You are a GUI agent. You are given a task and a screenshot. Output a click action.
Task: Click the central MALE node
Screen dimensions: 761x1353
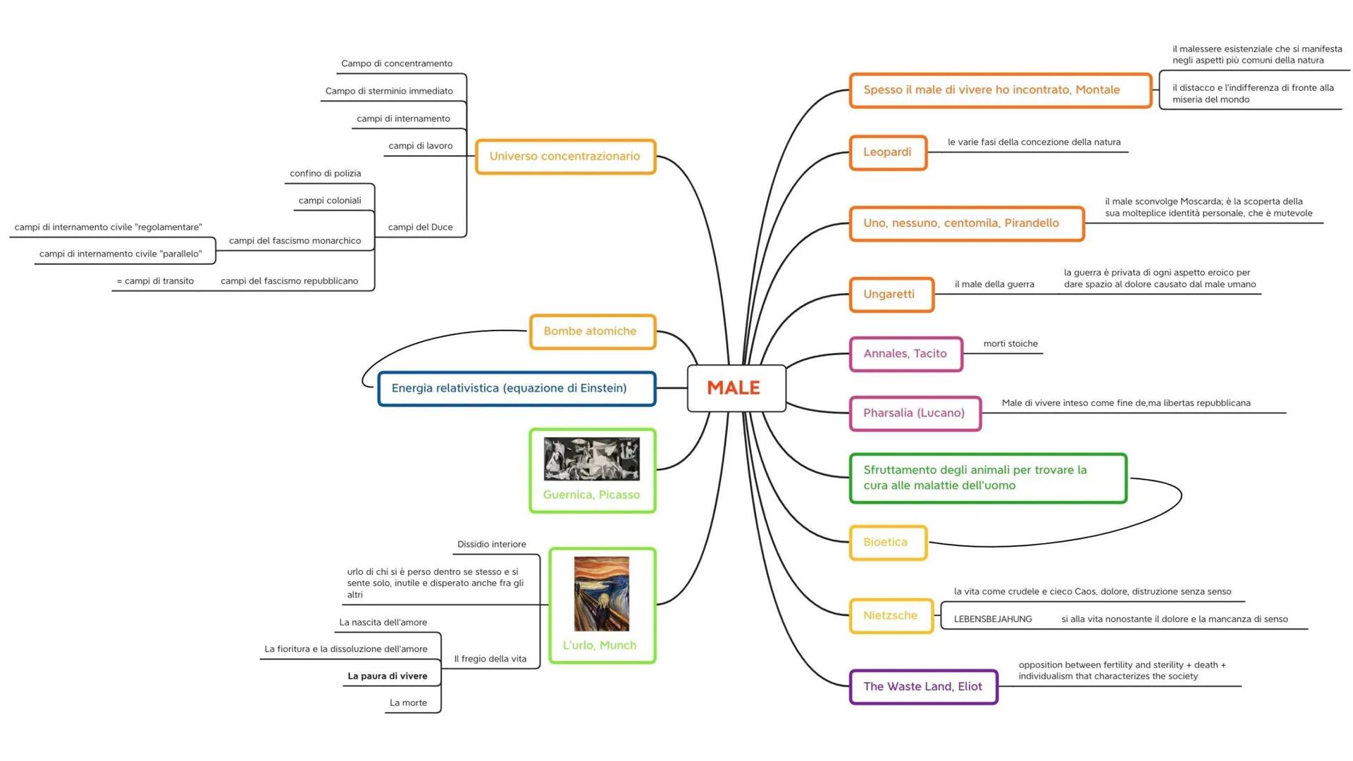point(736,388)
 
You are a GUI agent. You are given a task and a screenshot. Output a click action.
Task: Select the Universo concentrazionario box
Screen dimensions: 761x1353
point(565,156)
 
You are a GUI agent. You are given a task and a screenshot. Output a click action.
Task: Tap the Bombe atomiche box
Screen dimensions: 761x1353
point(592,331)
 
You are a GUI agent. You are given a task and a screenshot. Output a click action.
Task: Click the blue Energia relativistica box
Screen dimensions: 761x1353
point(517,388)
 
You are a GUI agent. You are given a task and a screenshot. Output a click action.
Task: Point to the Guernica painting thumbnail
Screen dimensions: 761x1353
point(592,459)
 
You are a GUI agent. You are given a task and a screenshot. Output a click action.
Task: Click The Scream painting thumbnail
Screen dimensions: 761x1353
point(601,593)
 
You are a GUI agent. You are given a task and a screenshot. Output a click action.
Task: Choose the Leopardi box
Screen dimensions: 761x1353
point(887,152)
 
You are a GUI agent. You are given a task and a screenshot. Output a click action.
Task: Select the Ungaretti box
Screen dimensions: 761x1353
point(891,295)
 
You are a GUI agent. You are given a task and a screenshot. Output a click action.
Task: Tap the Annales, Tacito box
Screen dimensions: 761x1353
point(906,354)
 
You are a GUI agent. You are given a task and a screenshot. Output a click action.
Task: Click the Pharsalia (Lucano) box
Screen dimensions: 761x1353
point(914,413)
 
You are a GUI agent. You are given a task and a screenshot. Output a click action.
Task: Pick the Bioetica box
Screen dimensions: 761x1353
point(886,543)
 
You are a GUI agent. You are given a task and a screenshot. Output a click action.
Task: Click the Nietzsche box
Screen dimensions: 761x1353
point(891,616)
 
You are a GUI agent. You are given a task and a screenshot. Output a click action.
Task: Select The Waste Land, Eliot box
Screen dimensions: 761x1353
point(923,687)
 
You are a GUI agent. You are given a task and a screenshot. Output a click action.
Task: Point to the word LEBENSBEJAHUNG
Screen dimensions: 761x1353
point(993,619)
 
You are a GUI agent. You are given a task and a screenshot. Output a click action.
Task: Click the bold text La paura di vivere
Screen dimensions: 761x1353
point(387,676)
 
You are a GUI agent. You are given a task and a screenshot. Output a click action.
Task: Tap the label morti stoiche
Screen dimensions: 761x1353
point(1011,344)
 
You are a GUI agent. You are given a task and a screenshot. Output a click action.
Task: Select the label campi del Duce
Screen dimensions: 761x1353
point(420,227)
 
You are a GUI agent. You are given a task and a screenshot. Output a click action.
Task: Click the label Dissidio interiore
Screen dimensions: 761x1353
point(491,544)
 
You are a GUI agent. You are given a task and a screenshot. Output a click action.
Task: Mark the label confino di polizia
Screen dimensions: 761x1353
point(325,173)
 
